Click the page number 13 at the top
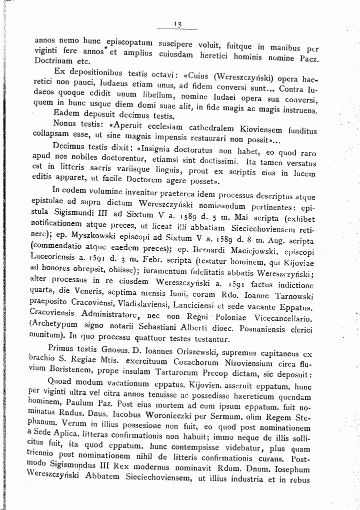point(177,24)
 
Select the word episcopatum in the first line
point(127,41)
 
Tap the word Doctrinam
point(53,61)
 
